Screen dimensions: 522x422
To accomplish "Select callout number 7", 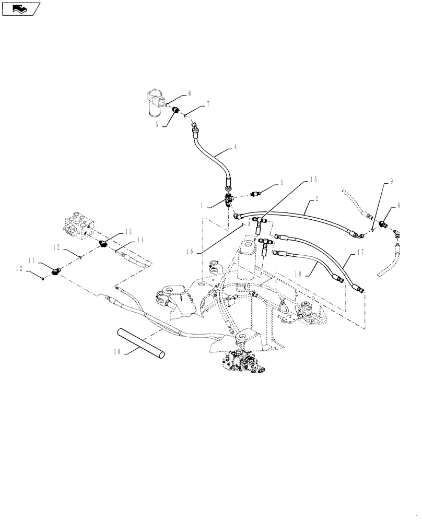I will [x=207, y=104].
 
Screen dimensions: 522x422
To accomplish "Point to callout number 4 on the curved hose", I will [x=235, y=148].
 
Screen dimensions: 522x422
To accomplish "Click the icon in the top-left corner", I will [x=21, y=8].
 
